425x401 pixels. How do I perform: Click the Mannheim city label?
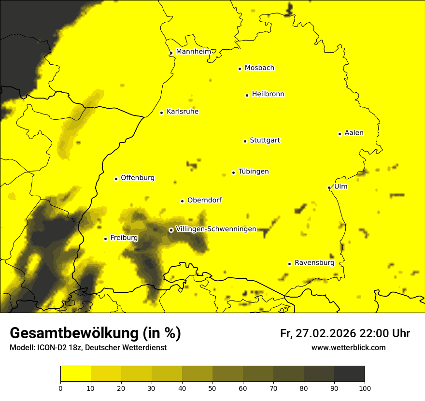click(193, 52)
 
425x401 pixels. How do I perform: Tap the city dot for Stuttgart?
click(245, 141)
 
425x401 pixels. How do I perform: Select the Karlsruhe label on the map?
click(182, 112)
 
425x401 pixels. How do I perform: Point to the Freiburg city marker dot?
click(105, 239)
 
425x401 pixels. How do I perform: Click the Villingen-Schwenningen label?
click(216, 229)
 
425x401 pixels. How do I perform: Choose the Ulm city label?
click(340, 186)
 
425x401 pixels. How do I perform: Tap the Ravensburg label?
click(314, 263)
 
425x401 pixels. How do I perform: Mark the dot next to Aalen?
click(340, 134)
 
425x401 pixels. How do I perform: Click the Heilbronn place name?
click(268, 94)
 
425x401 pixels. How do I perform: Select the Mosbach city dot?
click(240, 69)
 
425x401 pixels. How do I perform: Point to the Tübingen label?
click(254, 172)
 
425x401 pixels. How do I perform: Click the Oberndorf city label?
click(204, 200)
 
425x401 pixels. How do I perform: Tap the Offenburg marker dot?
click(116, 179)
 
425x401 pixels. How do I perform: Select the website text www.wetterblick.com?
click(348, 347)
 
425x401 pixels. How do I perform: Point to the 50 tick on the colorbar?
click(212, 388)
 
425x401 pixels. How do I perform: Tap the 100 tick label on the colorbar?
click(365, 388)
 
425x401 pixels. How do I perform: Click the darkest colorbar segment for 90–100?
click(349, 374)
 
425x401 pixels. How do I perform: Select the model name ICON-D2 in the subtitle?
click(49, 348)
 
